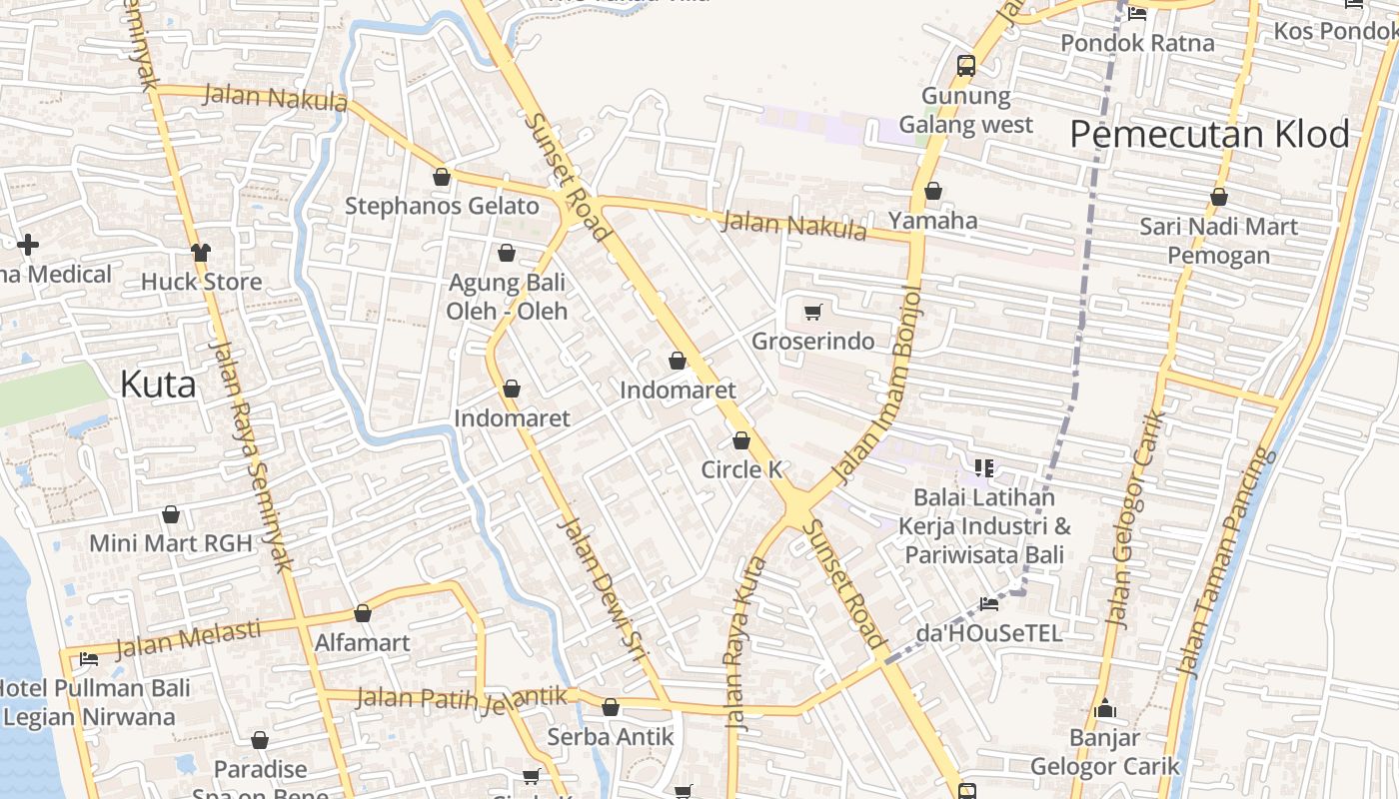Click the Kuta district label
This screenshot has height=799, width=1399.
(x=158, y=385)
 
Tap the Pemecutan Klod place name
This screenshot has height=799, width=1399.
(x=1209, y=134)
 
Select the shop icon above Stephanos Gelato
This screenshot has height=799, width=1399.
(x=442, y=177)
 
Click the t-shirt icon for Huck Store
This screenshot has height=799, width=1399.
(x=201, y=252)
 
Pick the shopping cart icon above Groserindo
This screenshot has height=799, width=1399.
(x=812, y=313)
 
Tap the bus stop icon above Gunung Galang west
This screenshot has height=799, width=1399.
(x=965, y=66)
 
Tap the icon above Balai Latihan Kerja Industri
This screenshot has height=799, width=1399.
(x=984, y=467)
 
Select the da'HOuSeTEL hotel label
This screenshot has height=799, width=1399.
(x=988, y=633)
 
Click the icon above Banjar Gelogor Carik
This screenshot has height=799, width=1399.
(x=1104, y=709)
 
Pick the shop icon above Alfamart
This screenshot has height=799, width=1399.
(x=363, y=613)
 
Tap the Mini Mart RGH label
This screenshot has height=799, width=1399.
(x=170, y=543)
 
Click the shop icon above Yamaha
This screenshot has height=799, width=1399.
(x=933, y=191)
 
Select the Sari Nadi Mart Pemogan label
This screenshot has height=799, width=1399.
(x=1218, y=241)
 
